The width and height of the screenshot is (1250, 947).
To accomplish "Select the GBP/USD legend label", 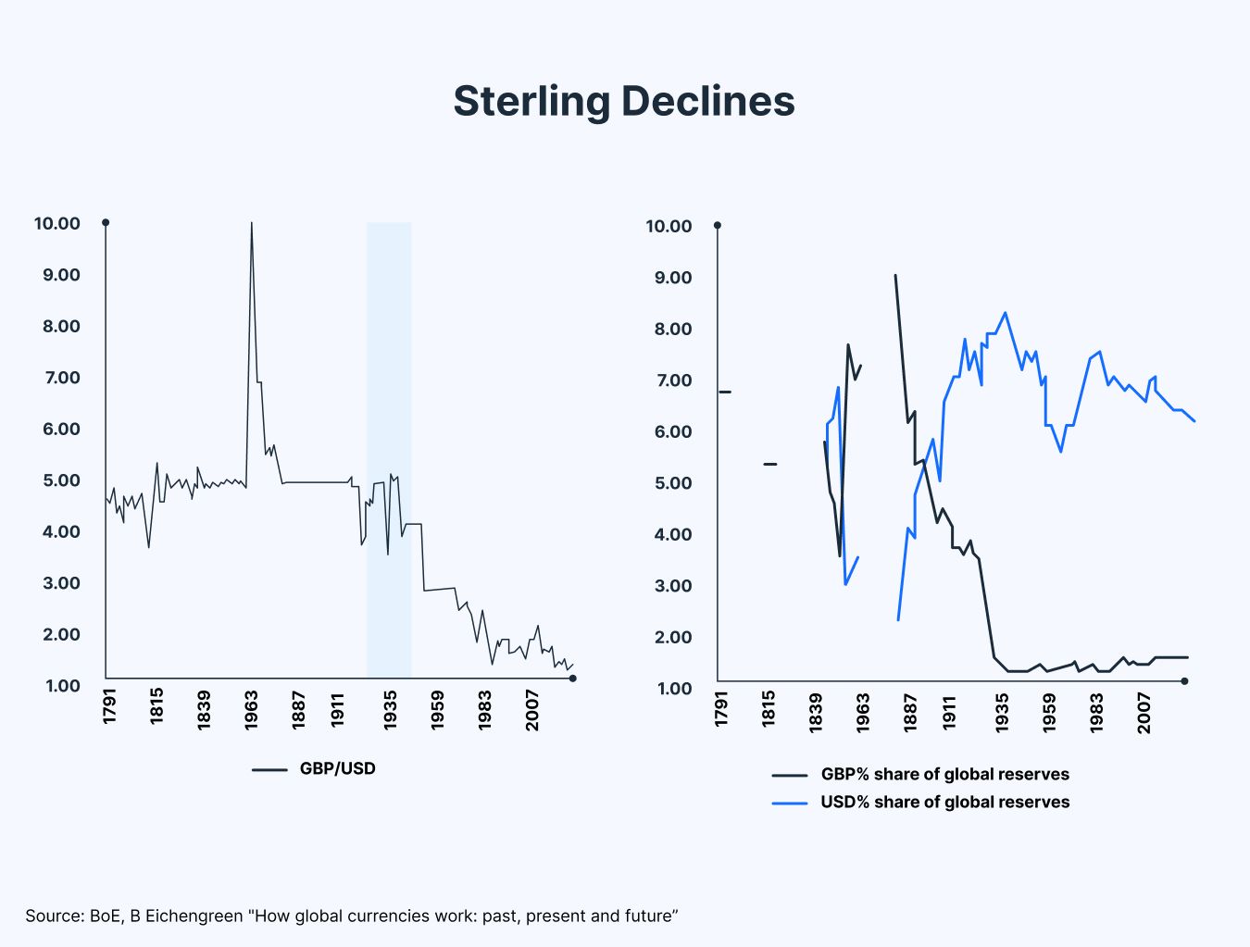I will (337, 768).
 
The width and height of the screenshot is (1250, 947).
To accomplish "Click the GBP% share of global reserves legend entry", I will (944, 774).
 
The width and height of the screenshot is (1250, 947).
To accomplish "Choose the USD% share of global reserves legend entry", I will (944, 802).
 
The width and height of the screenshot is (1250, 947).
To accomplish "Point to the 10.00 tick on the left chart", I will (57, 223).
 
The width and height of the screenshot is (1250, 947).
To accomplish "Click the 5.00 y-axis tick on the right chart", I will (669, 483).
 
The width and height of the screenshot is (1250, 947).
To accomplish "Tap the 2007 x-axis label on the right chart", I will (1144, 711).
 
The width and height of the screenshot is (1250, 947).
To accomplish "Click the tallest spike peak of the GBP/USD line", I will (252, 224).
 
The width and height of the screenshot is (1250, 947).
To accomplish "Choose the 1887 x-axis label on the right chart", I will (910, 711).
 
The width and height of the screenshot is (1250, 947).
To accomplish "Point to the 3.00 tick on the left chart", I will (57, 583).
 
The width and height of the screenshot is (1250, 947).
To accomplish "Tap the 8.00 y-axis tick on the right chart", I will (669, 329).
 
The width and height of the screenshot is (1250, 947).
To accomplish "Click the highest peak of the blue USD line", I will (1006, 313).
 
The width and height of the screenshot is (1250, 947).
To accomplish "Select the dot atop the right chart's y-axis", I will (718, 225).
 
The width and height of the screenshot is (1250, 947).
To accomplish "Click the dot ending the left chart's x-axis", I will (572, 679).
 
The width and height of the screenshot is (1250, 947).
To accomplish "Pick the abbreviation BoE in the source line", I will (101, 916).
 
